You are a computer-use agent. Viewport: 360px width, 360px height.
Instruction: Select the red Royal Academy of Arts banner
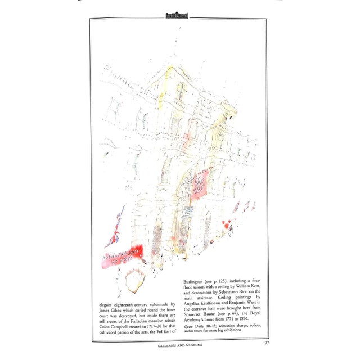tap(122, 256)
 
